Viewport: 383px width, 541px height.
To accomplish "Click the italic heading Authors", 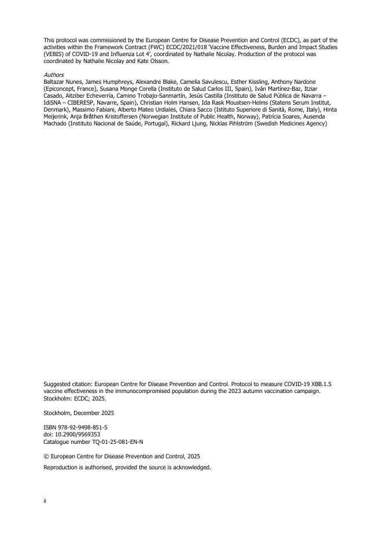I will [54, 75].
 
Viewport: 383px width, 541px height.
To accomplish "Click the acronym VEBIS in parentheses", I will [54, 54].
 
